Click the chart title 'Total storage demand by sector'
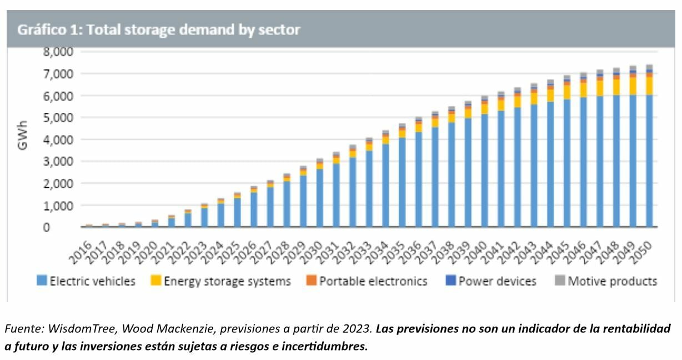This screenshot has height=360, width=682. tap(159, 29)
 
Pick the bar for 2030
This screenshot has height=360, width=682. tap(320, 194)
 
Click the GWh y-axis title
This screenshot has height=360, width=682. tap(22, 139)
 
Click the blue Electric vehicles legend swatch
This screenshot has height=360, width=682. tap(42, 281)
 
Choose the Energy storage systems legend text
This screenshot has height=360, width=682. tap(227, 281)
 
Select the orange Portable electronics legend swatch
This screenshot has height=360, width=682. tap(310, 281)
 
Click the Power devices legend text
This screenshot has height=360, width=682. tap(498, 281)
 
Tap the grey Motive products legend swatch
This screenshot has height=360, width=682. tap(559, 281)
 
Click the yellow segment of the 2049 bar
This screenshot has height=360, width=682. tap(633, 86)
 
